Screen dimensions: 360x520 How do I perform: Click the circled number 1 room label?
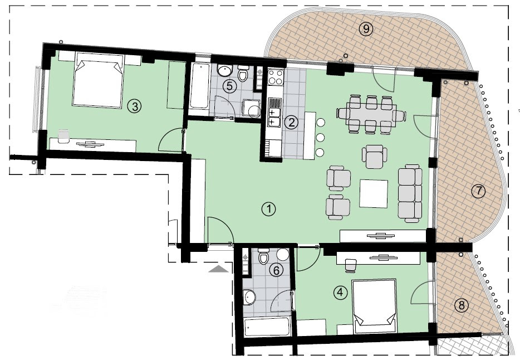[269, 209]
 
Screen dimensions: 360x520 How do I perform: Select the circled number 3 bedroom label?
[133, 105]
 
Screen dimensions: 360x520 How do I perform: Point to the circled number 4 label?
[340, 291]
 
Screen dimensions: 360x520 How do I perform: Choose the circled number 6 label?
[274, 269]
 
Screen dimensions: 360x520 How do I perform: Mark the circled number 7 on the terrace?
[478, 191]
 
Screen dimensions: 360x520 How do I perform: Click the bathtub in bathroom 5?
[199, 86]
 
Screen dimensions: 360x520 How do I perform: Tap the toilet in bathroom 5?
[243, 75]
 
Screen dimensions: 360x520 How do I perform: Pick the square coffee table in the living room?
[374, 193]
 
